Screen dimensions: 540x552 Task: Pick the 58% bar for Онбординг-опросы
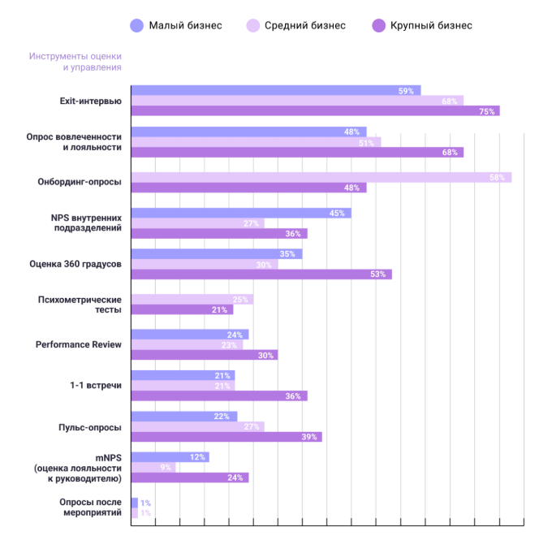click(x=321, y=177)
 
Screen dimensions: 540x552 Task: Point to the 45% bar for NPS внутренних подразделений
click(x=241, y=213)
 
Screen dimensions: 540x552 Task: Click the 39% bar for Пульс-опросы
click(x=226, y=437)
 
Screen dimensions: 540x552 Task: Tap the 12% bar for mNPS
click(x=170, y=457)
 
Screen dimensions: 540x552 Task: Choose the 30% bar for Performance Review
click(x=204, y=355)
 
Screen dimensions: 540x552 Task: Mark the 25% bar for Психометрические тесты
click(x=192, y=300)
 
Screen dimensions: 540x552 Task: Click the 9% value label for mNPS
click(x=166, y=467)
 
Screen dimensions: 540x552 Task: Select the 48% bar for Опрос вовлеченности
click(x=248, y=132)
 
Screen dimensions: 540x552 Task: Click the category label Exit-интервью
click(x=91, y=101)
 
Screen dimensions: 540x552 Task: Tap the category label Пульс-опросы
click(x=90, y=426)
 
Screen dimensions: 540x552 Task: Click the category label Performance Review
click(x=79, y=344)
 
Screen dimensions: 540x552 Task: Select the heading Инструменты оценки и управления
click(x=75, y=62)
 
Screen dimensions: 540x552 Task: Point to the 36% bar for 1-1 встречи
click(x=219, y=396)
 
